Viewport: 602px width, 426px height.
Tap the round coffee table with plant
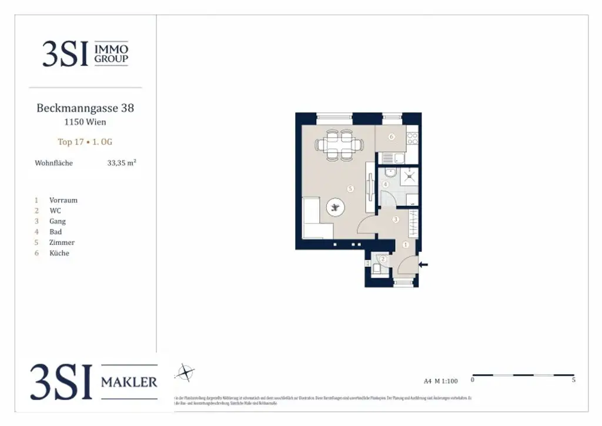(336, 207)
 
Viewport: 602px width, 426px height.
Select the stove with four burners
(412, 139)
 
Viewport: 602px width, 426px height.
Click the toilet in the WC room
(376, 269)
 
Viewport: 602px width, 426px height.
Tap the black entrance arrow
(423, 265)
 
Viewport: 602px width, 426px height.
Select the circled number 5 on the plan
(350, 189)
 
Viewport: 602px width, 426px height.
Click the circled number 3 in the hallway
(396, 219)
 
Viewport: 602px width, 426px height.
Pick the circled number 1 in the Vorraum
(405, 244)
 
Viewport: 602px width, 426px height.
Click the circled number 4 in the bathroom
(386, 184)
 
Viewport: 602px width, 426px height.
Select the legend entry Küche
(59, 253)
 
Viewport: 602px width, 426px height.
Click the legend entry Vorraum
(63, 200)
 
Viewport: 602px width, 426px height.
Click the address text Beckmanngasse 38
(85, 108)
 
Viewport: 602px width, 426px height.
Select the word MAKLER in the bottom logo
(129, 382)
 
